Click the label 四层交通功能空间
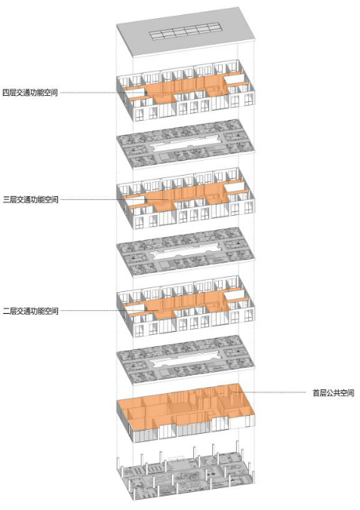tap(30, 93)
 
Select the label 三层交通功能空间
tap(31, 199)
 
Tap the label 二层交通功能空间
tap(31, 311)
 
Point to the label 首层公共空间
tap(334, 392)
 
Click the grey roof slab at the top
tap(186, 32)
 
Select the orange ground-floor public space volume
tap(186, 407)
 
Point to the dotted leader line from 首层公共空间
tap(271, 392)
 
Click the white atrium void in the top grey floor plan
tap(186, 143)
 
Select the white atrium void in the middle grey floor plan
tap(186, 251)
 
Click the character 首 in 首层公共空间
tap(316, 392)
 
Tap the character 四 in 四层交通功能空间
tap(6, 93)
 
